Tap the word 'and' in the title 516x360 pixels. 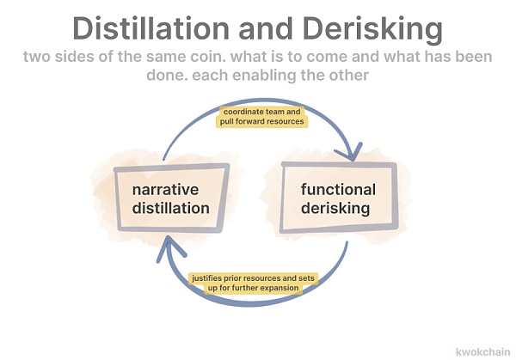271,28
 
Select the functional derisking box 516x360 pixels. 339,198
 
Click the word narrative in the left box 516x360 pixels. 165,189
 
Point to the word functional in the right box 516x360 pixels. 338,189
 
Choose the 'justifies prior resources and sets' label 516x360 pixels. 253,278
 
